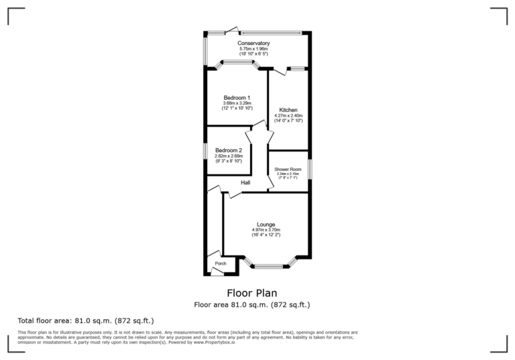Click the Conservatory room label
click(253, 44)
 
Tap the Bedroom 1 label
click(237, 97)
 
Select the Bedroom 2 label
click(227, 150)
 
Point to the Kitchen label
click(288, 110)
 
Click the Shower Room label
click(288, 170)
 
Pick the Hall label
click(245, 182)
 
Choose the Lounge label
click(266, 225)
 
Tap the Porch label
click(220, 263)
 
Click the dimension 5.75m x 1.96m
click(253, 49)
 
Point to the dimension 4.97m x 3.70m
click(266, 230)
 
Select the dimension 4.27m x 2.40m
click(288, 115)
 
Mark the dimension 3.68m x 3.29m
click(237, 103)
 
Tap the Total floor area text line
click(86, 320)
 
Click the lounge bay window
click(268, 266)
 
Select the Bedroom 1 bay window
click(237, 63)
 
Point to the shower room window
click(309, 169)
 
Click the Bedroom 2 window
click(205, 151)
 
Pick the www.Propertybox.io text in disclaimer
click(215, 343)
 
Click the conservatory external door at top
click(232, 29)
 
